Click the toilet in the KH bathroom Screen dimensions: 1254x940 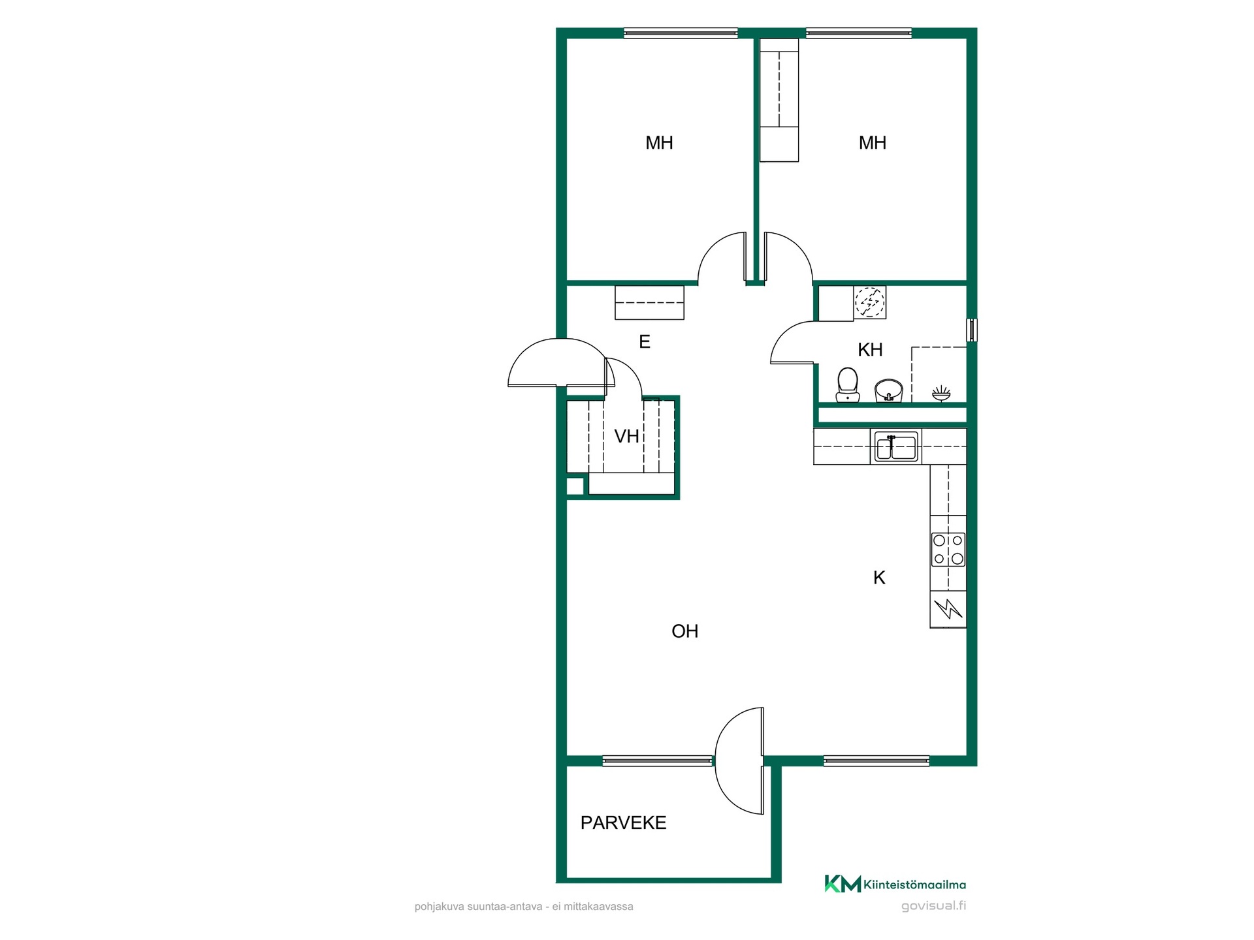[847, 385]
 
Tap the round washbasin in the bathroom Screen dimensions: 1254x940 [888, 391]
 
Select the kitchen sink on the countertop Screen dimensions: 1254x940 [897, 446]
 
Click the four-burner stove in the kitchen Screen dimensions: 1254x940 [948, 550]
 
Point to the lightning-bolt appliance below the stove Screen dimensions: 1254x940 [948, 609]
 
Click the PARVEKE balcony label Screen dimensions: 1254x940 [623, 823]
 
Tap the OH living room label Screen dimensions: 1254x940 [685, 631]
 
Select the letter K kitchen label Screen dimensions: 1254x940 [879, 578]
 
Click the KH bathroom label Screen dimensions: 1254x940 [870, 350]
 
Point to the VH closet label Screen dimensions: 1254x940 [627, 436]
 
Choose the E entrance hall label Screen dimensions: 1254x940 [645, 341]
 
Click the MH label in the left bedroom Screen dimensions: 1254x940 [659, 143]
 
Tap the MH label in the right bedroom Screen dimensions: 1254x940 [873, 143]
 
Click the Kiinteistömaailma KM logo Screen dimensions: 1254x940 [895, 885]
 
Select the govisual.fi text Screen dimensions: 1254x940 [933, 905]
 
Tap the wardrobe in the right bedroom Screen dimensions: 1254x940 [779, 99]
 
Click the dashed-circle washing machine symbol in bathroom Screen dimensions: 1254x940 [870, 302]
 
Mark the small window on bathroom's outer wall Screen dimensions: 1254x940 [972, 330]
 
